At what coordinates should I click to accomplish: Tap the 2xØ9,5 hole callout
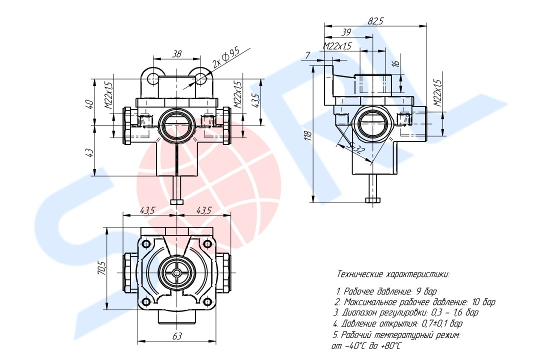point(226,56)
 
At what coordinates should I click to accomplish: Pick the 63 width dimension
point(176,336)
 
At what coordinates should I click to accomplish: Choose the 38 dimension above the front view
point(176,54)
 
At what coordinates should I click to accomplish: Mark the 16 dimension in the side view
point(395,64)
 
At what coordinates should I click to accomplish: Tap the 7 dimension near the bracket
point(307,54)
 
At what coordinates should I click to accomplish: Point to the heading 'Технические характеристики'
point(393,274)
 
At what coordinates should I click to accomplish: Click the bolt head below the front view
point(177,202)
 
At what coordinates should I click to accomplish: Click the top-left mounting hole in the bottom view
point(146,244)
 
